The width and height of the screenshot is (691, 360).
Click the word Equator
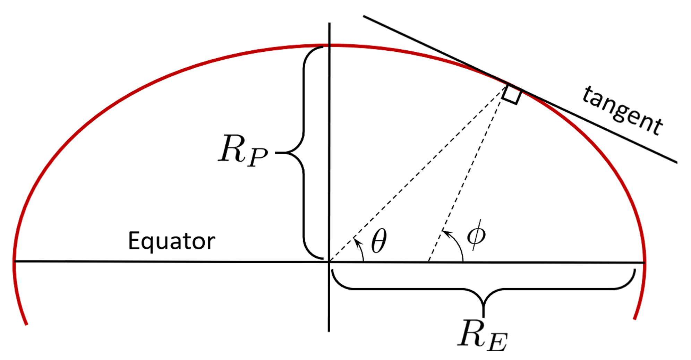tap(171, 241)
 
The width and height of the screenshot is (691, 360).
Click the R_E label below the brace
tap(482, 336)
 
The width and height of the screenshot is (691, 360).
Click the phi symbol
tap(476, 235)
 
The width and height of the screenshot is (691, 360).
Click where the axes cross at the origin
tap(329, 262)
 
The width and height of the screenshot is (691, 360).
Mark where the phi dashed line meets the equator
tap(428, 262)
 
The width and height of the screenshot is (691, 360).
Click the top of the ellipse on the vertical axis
tap(329, 45)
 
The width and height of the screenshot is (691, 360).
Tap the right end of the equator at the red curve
tap(644, 263)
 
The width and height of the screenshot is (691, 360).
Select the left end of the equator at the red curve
tap(14, 261)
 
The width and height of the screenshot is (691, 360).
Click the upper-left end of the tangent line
tap(364, 16)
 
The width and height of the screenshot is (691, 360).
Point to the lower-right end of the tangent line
tap(676, 162)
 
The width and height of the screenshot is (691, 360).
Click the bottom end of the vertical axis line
tap(329, 331)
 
